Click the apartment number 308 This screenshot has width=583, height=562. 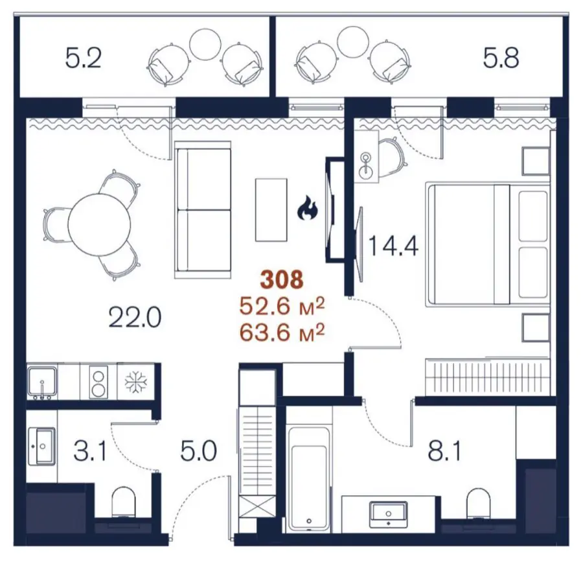click(282, 279)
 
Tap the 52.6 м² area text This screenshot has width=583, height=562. click(282, 307)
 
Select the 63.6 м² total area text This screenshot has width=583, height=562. click(282, 332)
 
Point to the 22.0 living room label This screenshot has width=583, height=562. click(135, 318)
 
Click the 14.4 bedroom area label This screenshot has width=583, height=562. click(393, 246)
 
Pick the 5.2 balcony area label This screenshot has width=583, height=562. click(84, 59)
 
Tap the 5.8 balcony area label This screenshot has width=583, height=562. click(501, 59)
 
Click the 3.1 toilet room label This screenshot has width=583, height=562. click(90, 451)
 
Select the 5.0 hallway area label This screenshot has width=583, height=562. click(199, 451)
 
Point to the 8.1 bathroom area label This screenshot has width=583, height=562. click(444, 451)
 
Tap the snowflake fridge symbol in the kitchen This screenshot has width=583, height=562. click(136, 382)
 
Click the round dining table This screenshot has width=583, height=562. click(99, 224)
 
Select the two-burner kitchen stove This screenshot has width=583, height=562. click(98, 382)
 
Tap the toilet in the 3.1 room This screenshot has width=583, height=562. click(124, 502)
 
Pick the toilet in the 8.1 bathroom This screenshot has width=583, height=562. click(478, 503)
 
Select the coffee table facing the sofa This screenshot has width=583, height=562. click(271, 210)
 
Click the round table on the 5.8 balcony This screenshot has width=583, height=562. click(352, 41)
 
